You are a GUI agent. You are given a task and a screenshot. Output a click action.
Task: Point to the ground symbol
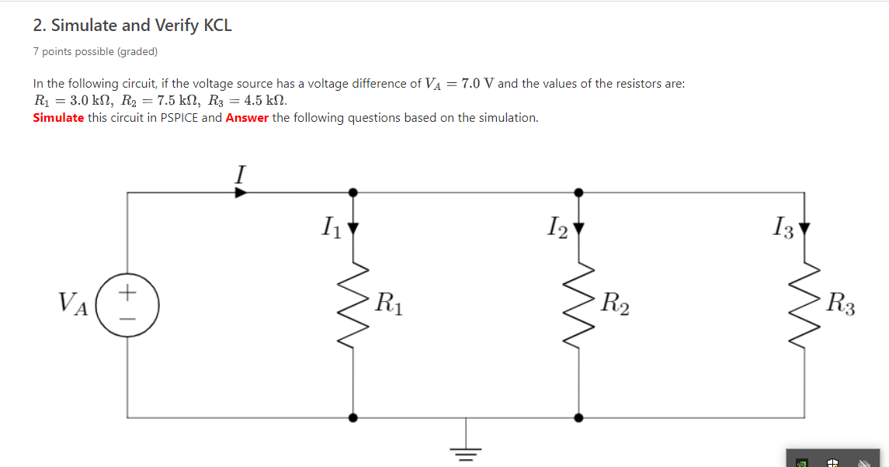(466, 451)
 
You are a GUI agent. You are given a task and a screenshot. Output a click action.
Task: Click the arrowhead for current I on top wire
(241, 192)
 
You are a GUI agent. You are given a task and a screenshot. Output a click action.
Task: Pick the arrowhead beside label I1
(354, 228)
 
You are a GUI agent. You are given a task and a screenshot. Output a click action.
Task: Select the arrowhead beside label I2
(578, 228)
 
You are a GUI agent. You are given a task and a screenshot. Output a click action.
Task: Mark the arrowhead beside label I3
(804, 228)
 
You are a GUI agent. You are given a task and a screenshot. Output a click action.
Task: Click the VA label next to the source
(73, 301)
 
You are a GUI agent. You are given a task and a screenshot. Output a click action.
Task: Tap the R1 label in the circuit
(387, 301)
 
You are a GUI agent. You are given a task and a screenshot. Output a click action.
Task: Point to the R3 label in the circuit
(840, 301)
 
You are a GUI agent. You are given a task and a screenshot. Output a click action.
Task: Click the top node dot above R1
(354, 192)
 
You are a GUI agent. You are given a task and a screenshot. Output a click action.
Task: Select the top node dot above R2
(578, 192)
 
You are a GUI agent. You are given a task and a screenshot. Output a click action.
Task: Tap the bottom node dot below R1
(354, 417)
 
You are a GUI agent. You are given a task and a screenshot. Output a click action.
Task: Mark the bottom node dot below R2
(578, 417)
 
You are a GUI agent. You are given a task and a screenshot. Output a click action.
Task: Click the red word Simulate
(58, 118)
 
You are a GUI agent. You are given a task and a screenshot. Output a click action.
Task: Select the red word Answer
(247, 118)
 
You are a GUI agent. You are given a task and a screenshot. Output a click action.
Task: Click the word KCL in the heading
(217, 26)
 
